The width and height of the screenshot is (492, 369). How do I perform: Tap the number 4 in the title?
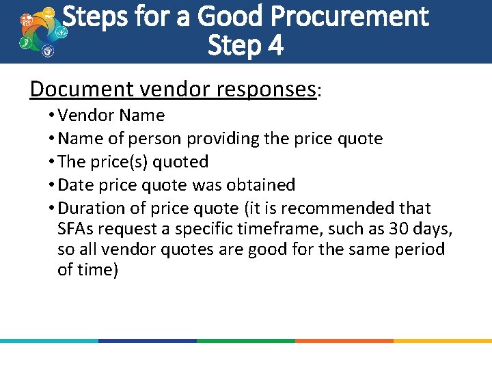pyautogui.click(x=275, y=46)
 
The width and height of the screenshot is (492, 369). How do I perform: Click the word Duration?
pyautogui.click(x=92, y=208)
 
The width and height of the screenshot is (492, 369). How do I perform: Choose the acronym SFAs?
pyautogui.click(x=77, y=228)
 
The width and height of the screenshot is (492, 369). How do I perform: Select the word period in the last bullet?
pyautogui.click(x=416, y=249)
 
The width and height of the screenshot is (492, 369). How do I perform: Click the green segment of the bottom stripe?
pyautogui.click(x=246, y=340)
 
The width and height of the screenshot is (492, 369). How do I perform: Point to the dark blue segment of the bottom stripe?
pyautogui.click(x=148, y=340)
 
